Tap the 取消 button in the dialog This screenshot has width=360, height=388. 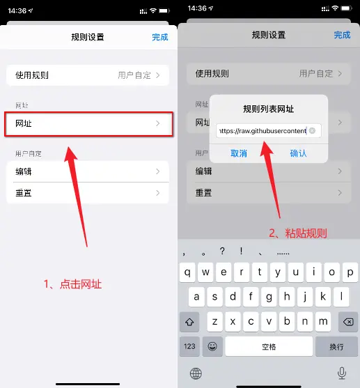(x=239, y=153)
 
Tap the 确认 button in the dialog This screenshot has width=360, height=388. (x=298, y=153)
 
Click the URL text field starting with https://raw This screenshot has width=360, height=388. (x=262, y=130)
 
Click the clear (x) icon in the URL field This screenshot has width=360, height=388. (x=313, y=130)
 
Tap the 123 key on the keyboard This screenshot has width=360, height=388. (x=189, y=346)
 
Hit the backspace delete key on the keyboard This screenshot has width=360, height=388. (x=345, y=320)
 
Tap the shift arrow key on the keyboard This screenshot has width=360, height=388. (x=189, y=320)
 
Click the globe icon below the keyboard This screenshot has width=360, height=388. (x=196, y=373)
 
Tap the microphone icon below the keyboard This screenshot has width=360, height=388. (x=341, y=373)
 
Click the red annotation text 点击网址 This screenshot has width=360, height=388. (x=77, y=284)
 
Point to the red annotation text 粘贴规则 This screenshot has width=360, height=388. (x=298, y=233)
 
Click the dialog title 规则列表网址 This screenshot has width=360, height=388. (x=268, y=109)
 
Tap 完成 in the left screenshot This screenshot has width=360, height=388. (x=160, y=37)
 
